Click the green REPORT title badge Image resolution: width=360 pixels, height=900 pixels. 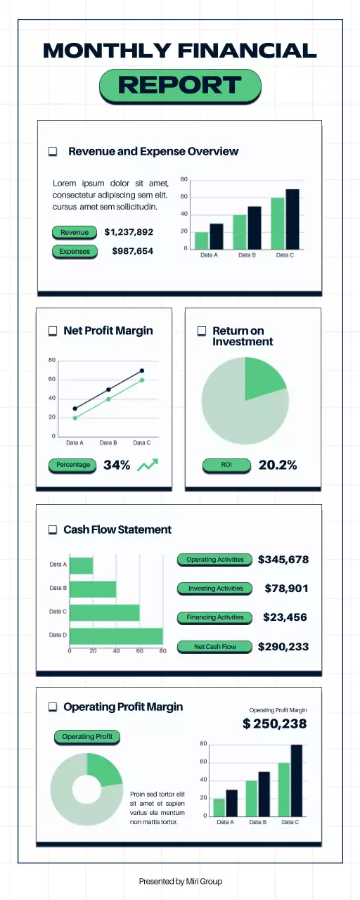[180, 86]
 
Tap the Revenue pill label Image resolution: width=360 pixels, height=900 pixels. [75, 232]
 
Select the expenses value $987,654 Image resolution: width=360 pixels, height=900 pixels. [132, 251]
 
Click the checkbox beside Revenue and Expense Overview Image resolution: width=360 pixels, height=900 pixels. [53, 151]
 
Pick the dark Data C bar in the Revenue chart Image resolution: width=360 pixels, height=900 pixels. [292, 219]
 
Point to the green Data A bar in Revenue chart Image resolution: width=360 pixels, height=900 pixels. [202, 240]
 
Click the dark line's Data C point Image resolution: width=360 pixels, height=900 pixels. [142, 371]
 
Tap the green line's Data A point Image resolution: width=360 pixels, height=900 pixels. [75, 418]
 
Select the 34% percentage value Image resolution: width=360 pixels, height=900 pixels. [117, 465]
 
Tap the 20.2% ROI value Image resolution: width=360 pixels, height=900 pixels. [278, 465]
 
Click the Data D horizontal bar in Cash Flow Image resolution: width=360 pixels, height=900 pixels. [116, 636]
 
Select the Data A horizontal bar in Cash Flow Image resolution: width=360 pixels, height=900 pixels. [82, 565]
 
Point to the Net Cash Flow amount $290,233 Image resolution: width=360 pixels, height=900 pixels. [283, 646]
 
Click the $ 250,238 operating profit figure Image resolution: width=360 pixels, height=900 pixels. [274, 724]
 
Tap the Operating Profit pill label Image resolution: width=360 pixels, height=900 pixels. [88, 736]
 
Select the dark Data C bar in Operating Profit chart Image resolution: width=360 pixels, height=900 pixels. [296, 780]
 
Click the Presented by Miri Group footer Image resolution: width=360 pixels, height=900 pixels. [180, 881]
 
